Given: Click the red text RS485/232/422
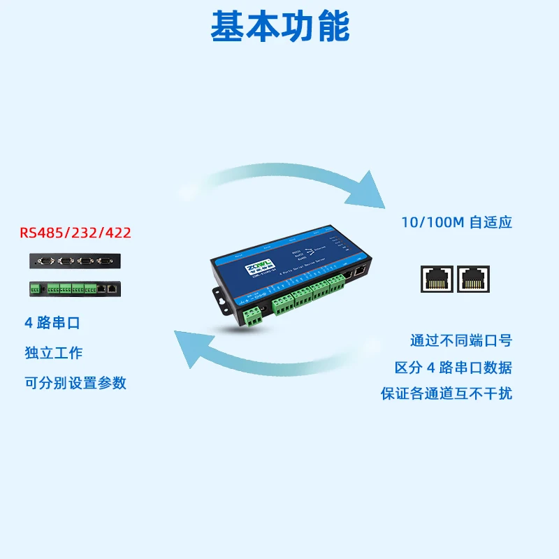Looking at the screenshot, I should pos(75,233).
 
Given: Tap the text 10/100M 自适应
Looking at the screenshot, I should pos(456,223).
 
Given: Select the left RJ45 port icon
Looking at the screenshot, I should pos(437,279).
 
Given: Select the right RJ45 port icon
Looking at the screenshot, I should pos(474,279).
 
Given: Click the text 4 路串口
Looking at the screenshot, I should pos(52,324).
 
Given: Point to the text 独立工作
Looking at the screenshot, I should pos(54,353).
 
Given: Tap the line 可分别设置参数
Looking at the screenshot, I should pos(75,383).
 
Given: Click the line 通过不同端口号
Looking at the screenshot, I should pos(460,341).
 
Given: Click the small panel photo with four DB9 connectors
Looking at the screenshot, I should pos(75,261).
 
